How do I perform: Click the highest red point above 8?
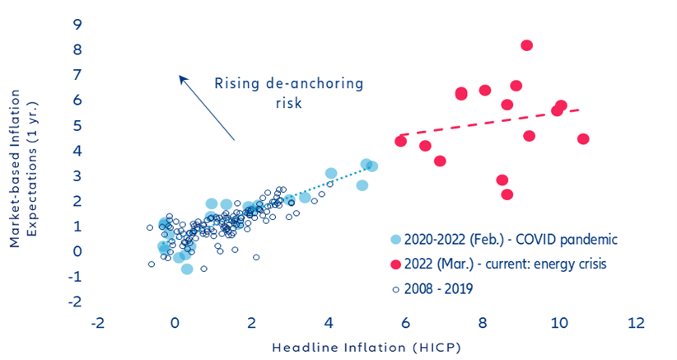coord(526,45)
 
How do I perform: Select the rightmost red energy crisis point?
coord(583,138)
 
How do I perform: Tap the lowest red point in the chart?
coord(507,194)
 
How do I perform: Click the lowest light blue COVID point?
coord(187,269)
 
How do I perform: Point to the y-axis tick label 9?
coord(77,24)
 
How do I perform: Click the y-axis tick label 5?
coord(77,125)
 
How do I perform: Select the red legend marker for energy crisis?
coord(396,264)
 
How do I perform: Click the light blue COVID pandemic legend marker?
coord(396,239)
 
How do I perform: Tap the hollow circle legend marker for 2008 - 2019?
coord(396,289)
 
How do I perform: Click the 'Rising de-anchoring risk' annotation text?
coord(288,92)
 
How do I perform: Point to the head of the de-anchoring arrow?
coord(181,77)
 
